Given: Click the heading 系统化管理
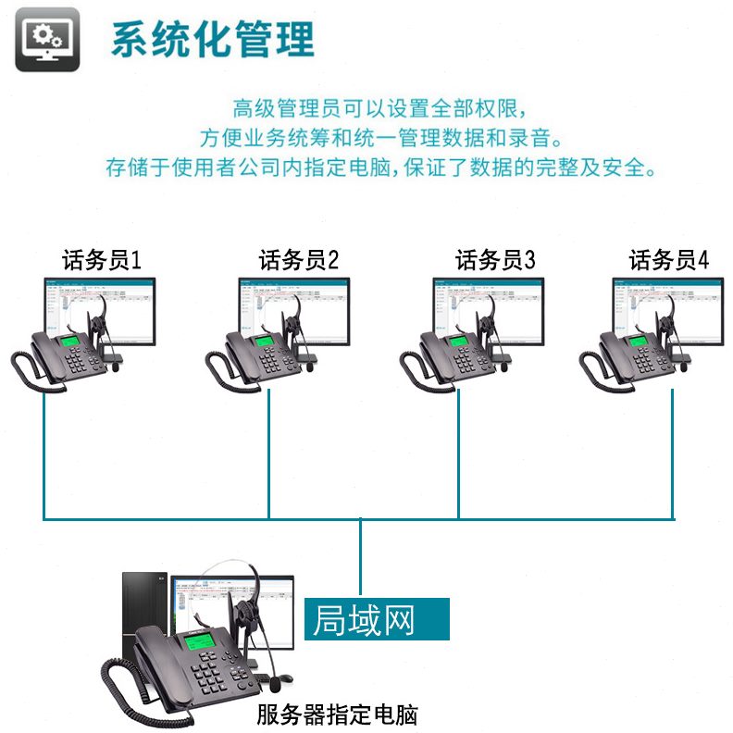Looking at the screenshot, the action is pos(213,39).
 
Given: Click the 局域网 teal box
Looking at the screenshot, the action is pos(377,619).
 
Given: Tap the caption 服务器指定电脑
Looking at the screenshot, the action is pos(338,714).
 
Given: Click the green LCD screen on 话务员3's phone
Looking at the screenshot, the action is pos(459,345).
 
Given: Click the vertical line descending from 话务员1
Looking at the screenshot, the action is pos(43,453).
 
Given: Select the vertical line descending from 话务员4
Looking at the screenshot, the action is pos(673,453).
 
